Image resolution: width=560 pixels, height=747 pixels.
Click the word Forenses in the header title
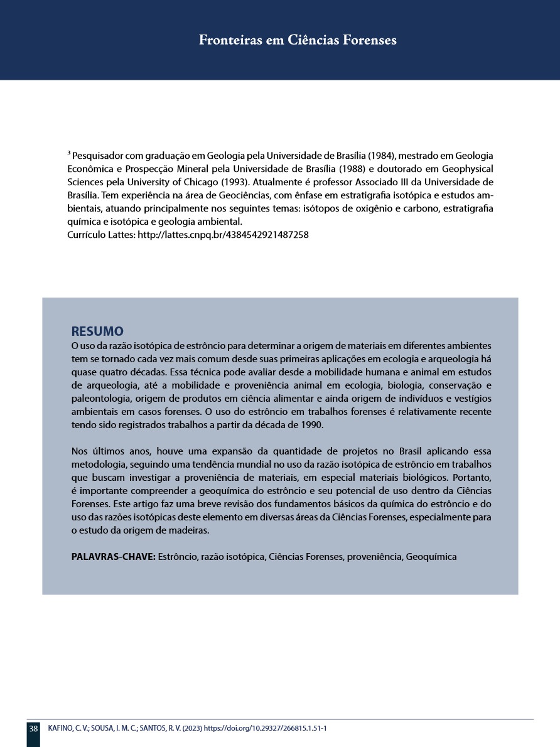(x=370, y=41)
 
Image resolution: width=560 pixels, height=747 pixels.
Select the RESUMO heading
(x=97, y=331)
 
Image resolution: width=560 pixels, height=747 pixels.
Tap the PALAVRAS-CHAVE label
(x=114, y=557)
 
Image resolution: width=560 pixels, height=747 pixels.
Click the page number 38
(x=33, y=728)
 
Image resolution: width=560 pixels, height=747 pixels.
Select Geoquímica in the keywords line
(x=431, y=557)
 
